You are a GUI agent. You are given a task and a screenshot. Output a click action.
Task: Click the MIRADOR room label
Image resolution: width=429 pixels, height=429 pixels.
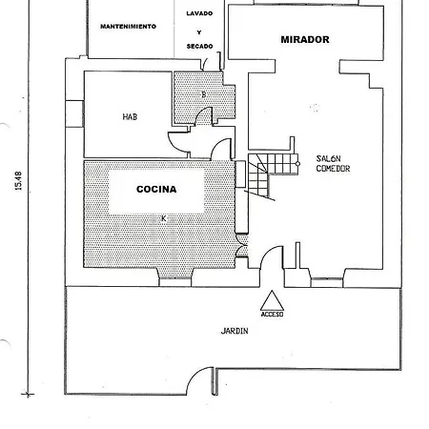[305, 39]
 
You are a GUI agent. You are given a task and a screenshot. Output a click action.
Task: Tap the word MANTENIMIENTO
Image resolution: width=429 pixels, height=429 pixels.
[128, 27]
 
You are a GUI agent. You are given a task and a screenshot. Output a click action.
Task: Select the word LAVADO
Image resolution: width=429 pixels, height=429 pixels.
[199, 13]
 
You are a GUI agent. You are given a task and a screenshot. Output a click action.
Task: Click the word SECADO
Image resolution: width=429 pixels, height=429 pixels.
[199, 47]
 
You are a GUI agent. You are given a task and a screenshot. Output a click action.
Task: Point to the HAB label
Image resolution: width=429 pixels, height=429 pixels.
[130, 117]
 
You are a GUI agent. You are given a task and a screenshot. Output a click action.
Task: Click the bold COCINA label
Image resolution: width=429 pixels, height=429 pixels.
[156, 189]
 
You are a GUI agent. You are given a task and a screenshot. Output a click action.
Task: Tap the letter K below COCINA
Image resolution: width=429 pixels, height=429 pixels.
[164, 218]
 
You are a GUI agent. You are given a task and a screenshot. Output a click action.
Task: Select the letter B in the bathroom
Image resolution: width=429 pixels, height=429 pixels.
[204, 94]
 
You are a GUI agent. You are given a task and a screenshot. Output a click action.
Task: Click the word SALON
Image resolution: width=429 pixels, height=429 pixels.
[328, 158]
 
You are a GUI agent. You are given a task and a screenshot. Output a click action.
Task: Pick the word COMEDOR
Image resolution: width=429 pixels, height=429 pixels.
[333, 169]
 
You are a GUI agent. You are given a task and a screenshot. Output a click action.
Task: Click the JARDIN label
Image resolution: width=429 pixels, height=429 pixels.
[235, 331]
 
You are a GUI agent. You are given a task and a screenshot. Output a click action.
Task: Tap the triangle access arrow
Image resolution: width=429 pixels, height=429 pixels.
[272, 300]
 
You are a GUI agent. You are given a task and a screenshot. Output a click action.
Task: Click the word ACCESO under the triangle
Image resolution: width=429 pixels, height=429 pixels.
[272, 315]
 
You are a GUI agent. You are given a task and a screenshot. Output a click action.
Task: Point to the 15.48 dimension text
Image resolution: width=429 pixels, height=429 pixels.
[18, 181]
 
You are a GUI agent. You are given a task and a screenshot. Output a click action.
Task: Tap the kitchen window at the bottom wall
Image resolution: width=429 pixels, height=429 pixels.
[175, 282]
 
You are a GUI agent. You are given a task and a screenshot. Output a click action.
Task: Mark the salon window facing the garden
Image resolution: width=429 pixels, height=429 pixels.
[327, 282]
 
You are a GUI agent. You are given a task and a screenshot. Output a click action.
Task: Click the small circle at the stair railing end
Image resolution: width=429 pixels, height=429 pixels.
[297, 164]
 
